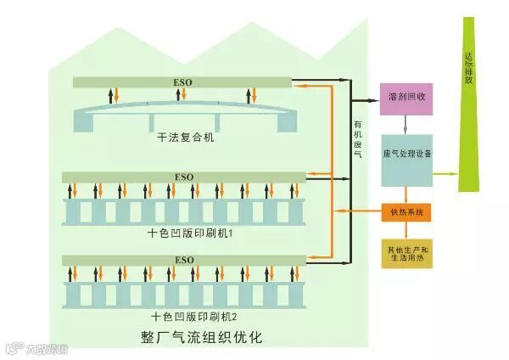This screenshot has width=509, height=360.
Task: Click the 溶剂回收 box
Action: (x=406, y=98)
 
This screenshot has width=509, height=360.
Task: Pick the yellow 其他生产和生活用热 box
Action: (x=407, y=254)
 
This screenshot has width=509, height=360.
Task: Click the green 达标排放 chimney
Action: (x=470, y=102)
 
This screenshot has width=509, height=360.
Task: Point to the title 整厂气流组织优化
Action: (x=201, y=337)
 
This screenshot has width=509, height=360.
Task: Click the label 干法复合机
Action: (x=186, y=137)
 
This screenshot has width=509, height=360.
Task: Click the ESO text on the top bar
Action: (x=184, y=82)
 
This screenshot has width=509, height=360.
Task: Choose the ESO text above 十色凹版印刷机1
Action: (x=184, y=177)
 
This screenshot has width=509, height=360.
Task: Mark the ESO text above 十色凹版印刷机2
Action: (x=184, y=259)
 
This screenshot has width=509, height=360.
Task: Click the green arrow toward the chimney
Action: (x=445, y=173)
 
